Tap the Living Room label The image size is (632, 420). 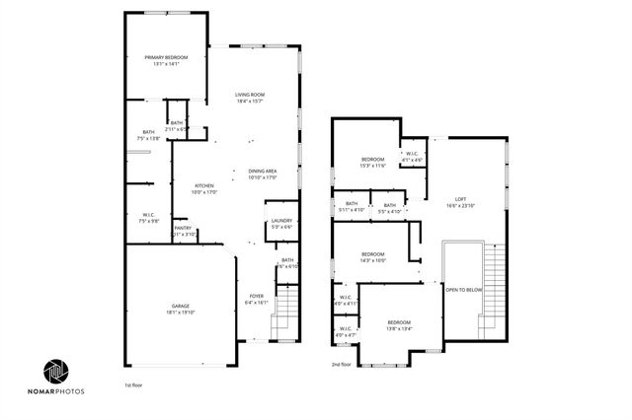pos(250,97)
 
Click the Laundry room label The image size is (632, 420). pos(281,223)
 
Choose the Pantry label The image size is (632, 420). pos(183,230)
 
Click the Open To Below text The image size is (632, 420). pos(463,290)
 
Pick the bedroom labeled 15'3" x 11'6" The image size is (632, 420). pos(372,162)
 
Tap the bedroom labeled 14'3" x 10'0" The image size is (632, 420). pos(372,256)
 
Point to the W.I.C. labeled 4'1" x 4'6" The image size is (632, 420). pos(412,156)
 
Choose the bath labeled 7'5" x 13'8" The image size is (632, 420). pos(148,135)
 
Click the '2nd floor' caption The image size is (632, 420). pos(342,365)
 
